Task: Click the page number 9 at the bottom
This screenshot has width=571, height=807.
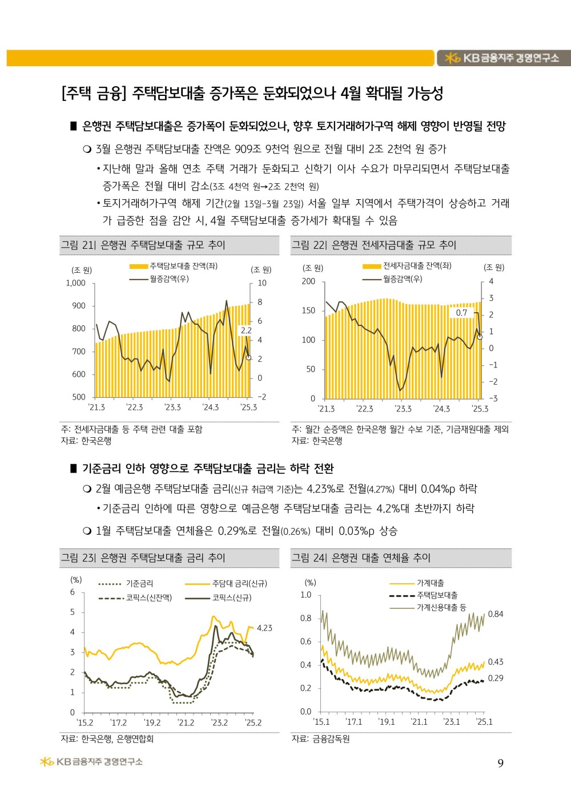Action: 500,764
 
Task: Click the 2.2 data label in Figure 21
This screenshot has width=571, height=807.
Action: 246,330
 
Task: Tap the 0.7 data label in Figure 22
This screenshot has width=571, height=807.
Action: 461,313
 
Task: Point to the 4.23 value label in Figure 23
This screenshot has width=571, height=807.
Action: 264,628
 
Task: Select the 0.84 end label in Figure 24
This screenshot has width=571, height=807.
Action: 496,614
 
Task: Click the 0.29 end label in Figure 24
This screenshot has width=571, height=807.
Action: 496,678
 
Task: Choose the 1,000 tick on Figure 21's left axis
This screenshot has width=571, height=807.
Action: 75,283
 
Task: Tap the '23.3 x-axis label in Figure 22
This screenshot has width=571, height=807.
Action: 403,409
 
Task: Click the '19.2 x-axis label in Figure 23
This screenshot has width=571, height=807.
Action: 152,723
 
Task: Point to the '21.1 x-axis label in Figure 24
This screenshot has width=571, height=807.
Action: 419,722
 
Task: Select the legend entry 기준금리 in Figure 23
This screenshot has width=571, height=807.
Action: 139,583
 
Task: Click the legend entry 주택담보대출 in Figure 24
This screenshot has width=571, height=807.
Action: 437,595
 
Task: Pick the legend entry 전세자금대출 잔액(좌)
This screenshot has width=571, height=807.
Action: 417,266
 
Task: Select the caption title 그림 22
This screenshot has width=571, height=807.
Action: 374,245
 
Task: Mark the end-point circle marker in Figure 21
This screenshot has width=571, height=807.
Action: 248,357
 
